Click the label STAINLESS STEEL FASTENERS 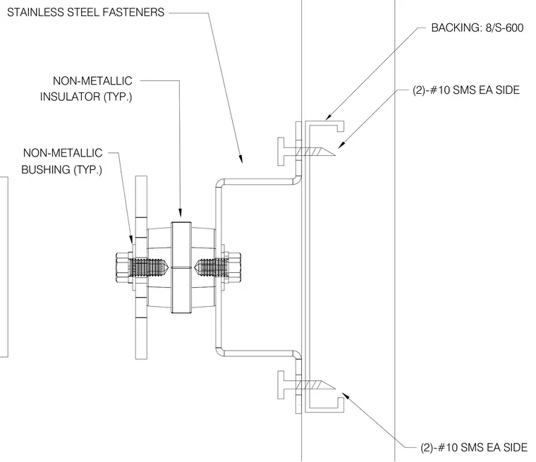(x=86, y=13)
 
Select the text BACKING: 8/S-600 (x=477, y=28)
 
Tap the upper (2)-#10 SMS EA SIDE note (x=466, y=90)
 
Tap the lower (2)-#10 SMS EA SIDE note (x=474, y=447)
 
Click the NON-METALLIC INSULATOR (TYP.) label (x=86, y=89)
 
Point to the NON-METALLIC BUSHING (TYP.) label (x=62, y=161)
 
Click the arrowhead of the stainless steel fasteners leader (x=240, y=159)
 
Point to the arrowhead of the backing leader (x=329, y=116)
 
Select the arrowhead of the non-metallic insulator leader (x=180, y=214)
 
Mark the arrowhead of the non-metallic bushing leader (x=130, y=239)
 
